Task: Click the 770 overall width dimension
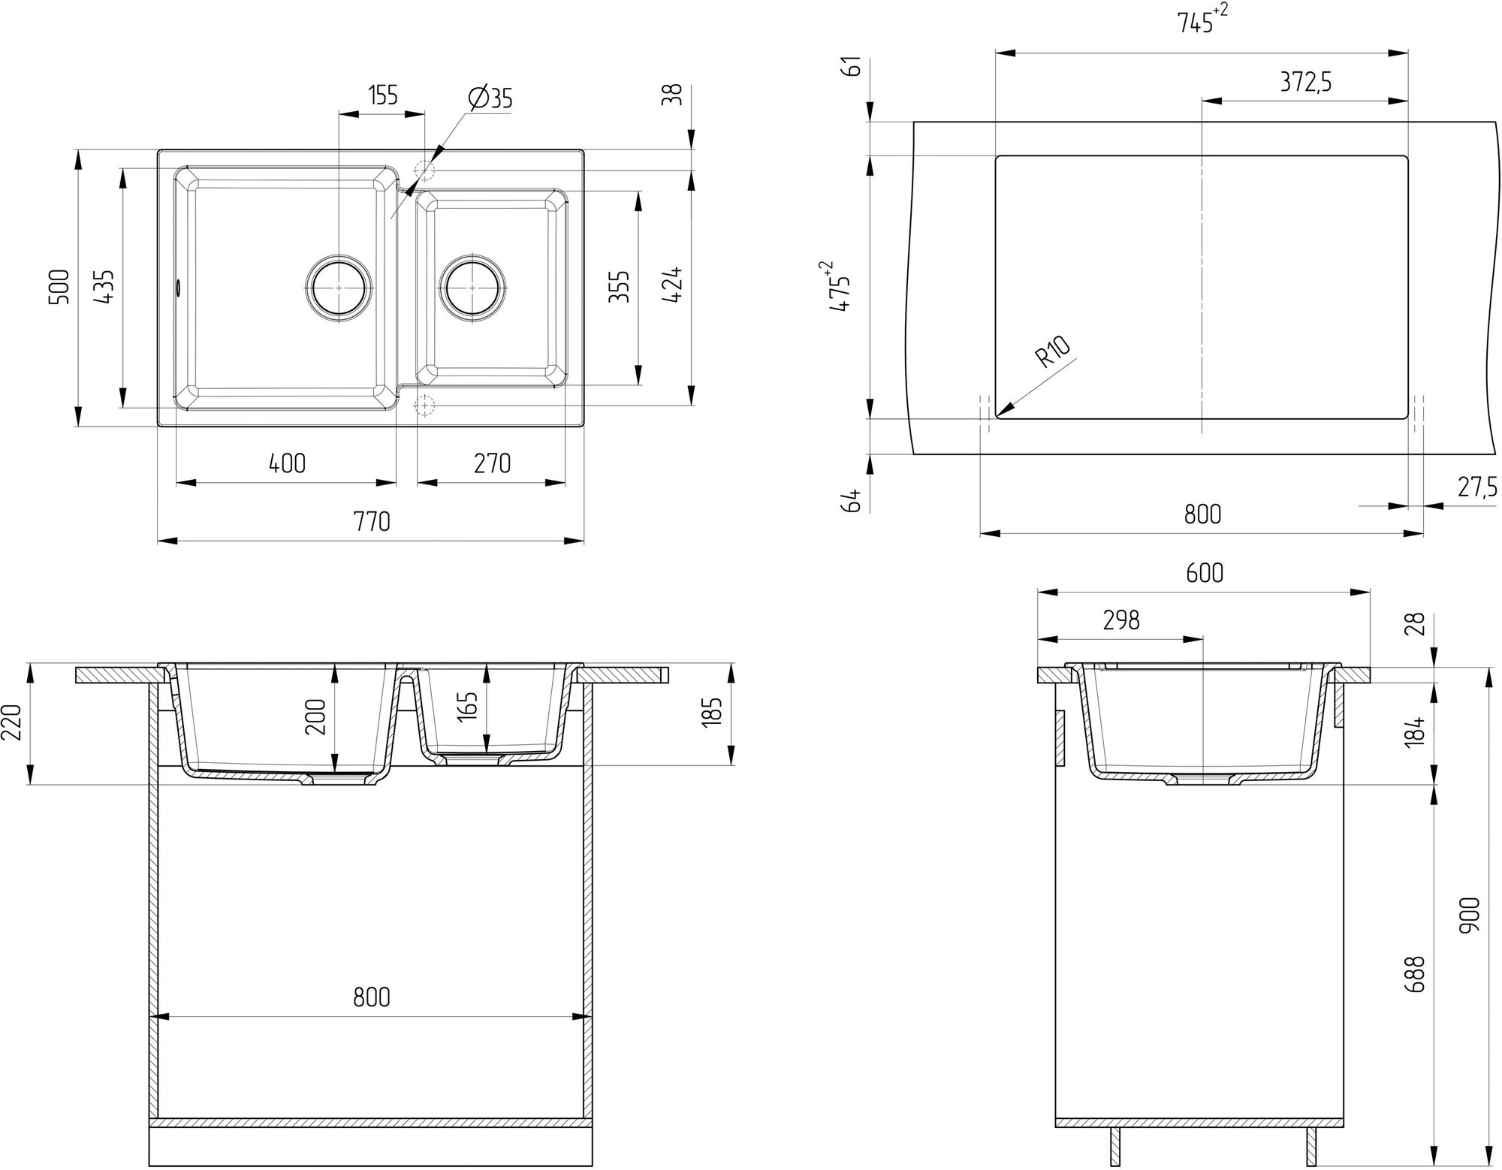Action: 372,520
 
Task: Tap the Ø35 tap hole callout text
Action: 490,98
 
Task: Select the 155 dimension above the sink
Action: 382,95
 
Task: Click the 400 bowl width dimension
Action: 287,463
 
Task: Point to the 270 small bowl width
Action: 492,463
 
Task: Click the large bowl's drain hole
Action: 339,288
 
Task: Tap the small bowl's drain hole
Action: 472,288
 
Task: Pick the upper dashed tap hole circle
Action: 425,171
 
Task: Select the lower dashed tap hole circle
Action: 425,406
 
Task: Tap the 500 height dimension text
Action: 59,286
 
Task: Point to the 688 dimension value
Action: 1415,975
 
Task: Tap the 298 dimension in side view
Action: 1121,620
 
